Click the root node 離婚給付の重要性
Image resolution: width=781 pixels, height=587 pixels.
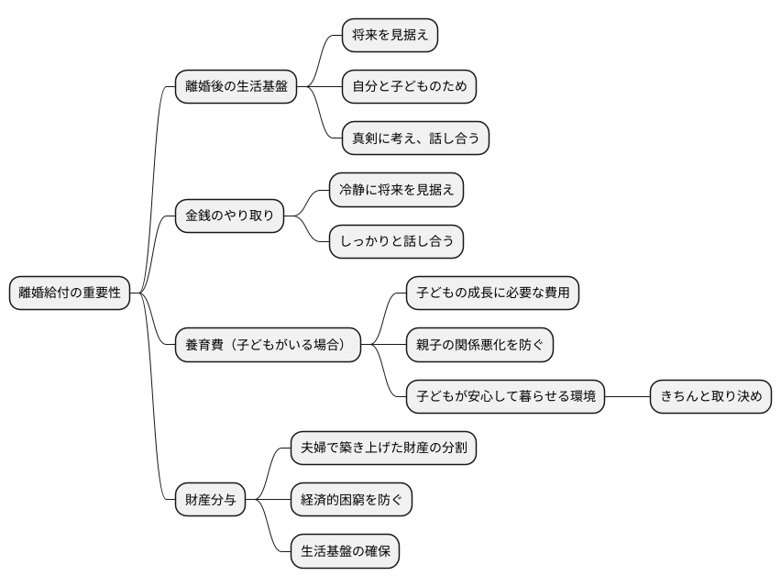[70, 293]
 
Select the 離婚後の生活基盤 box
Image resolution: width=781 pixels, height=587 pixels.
[236, 87]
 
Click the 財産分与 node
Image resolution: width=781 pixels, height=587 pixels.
[211, 500]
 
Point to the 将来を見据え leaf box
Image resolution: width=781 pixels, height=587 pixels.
[390, 36]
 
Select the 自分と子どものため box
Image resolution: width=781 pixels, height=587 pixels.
[409, 87]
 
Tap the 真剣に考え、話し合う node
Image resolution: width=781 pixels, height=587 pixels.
[415, 138]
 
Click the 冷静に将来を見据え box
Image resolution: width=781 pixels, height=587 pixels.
[396, 190]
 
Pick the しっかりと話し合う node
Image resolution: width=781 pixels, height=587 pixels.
[396, 241]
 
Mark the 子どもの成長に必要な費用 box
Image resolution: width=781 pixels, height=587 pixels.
[493, 293]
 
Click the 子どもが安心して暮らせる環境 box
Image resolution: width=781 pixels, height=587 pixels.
[506, 396]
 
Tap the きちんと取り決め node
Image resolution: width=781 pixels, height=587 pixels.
[711, 396]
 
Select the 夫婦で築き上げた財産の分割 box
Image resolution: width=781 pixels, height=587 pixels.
[383, 448]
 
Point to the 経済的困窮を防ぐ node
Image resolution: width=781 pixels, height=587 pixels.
[351, 500]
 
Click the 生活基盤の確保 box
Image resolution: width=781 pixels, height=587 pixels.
[345, 551]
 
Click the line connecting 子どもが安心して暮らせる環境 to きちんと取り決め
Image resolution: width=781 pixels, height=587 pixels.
[628, 396]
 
